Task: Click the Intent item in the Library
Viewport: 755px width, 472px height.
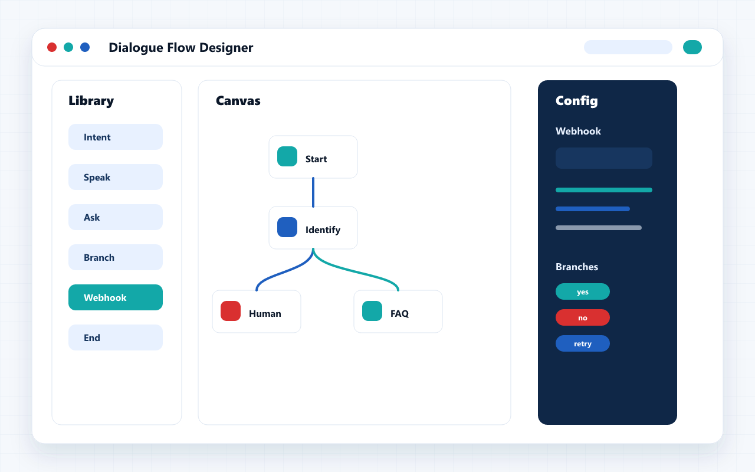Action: pos(116,137)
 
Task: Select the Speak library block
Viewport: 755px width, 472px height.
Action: pos(116,177)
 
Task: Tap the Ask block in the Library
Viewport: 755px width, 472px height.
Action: pos(116,217)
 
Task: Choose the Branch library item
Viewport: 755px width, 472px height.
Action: pos(116,257)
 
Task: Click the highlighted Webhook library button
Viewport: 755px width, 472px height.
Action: pos(116,297)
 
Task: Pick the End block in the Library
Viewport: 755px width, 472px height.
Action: pos(116,337)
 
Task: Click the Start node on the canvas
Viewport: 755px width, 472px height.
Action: pos(313,157)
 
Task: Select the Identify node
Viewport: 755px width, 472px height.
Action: pos(313,228)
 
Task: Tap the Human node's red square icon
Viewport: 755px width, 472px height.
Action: pos(231,311)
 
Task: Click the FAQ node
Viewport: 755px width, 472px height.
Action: pos(398,312)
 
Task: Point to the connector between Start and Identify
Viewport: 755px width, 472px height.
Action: pos(313,192)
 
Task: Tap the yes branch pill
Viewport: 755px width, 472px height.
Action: pos(583,291)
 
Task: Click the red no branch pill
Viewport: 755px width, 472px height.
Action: pos(583,317)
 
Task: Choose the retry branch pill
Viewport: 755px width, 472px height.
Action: pos(583,343)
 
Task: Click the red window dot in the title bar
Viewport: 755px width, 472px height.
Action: pos(52,47)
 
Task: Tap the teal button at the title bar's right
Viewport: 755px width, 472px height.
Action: pos(692,47)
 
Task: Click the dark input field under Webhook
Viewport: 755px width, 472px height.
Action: pos(604,158)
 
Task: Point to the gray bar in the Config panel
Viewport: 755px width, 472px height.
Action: pos(599,228)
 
